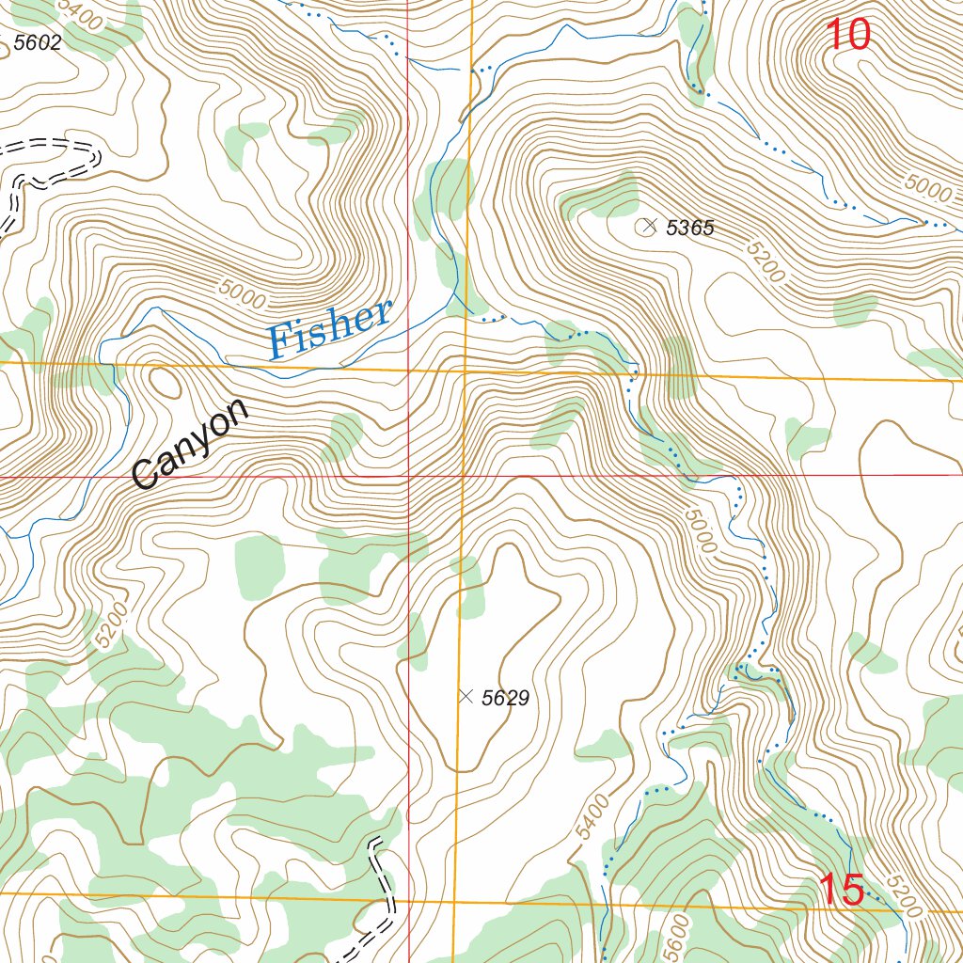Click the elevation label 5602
tap(38, 42)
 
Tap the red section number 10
tap(848, 35)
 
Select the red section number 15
tap(842, 890)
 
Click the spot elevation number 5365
tap(690, 228)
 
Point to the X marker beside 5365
tap(647, 226)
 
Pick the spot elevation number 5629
tap(505, 698)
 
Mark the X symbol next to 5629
tap(466, 696)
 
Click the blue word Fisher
tap(328, 328)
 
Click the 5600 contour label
tap(673, 936)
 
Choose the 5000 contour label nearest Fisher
tap(242, 294)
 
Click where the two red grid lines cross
tap(408, 477)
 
